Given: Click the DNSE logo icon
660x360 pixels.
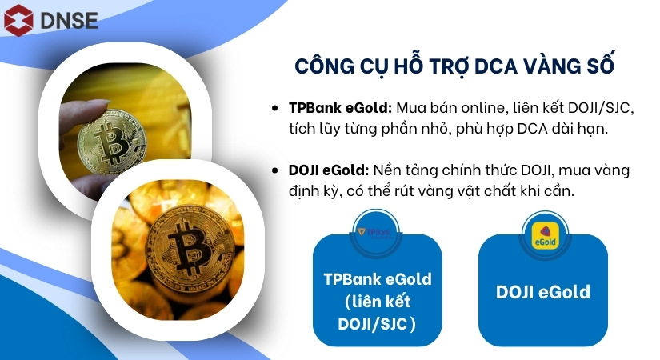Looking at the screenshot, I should [19, 19].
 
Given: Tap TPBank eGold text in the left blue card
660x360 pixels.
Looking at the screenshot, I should [378, 279].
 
